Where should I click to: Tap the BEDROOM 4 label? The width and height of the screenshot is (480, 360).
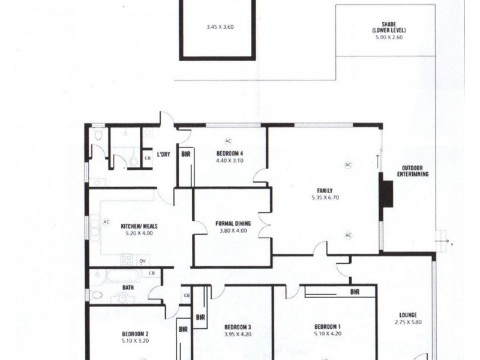(229, 152)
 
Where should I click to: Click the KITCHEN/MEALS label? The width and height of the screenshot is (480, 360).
(139, 226)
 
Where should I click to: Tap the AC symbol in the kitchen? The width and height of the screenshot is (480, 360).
(106, 221)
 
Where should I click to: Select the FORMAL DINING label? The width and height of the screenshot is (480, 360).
(233, 224)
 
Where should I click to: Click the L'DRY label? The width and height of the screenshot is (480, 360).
(163, 155)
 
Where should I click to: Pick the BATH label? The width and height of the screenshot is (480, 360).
(128, 287)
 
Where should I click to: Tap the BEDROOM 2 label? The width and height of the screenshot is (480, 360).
(135, 334)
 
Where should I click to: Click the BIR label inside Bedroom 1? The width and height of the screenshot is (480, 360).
(355, 292)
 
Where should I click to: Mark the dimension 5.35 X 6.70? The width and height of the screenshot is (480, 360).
(326, 197)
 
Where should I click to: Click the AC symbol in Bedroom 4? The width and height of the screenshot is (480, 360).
(229, 140)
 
